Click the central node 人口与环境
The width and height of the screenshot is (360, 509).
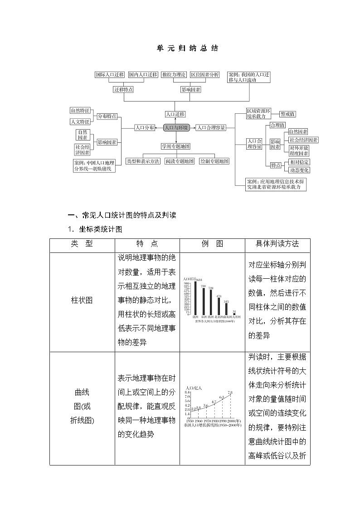click(x=176, y=128)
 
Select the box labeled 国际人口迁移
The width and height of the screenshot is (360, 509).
click(x=110, y=74)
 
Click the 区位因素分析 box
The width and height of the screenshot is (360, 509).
click(x=204, y=74)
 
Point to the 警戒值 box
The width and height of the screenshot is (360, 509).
click(x=288, y=114)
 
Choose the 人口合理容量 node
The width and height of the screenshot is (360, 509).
click(x=211, y=128)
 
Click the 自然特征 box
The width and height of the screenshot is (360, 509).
click(x=80, y=110)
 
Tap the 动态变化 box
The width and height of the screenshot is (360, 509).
click(x=299, y=170)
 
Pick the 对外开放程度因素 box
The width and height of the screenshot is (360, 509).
click(x=299, y=150)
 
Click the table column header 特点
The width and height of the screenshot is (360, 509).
click(x=147, y=243)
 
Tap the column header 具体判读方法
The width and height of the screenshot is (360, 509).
click(x=277, y=243)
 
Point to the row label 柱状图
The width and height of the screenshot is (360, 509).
click(x=82, y=301)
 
